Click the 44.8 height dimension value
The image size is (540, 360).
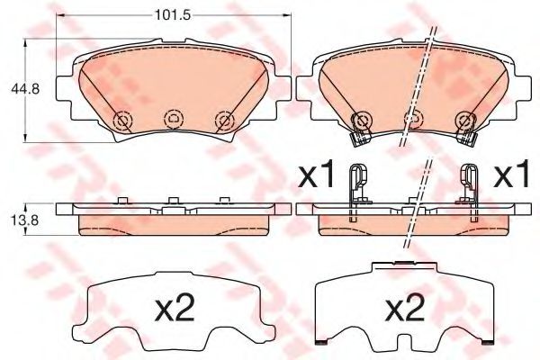25,89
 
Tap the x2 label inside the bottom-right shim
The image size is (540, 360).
405,309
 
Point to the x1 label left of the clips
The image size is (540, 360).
317,174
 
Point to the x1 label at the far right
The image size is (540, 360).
511,174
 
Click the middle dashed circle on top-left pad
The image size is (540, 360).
174,119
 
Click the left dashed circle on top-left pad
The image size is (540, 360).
122,121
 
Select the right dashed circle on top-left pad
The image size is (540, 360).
225,121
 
